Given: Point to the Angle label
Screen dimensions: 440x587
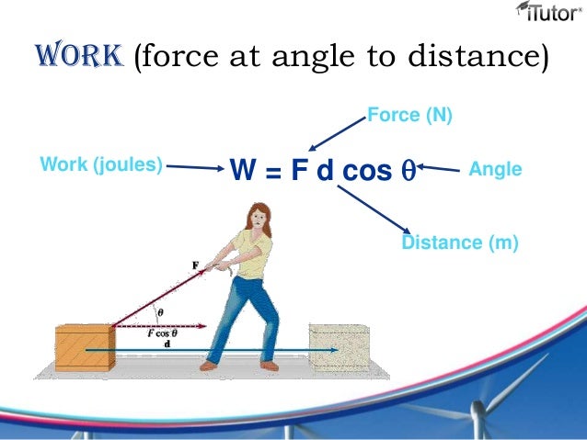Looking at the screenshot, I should [495, 170].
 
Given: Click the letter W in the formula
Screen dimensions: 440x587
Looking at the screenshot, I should [241, 170].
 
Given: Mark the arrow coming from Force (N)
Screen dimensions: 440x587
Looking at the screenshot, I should [336, 134].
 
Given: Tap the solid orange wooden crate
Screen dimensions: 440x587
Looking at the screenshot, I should [86, 347].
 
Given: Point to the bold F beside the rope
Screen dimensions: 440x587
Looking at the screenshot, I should [195, 266].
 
